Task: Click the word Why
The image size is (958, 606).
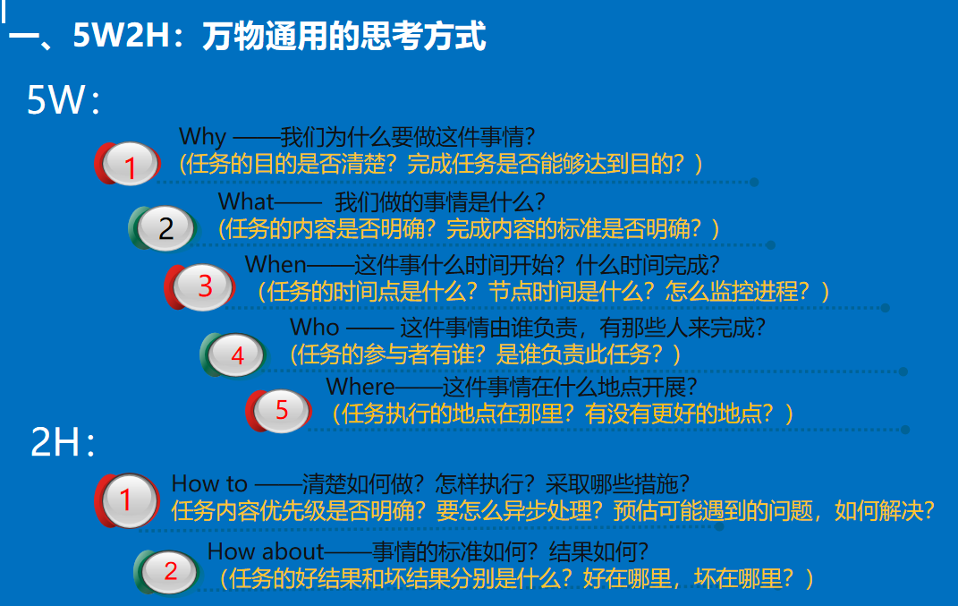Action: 202,137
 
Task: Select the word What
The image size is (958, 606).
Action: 246,201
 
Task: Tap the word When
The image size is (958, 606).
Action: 276,265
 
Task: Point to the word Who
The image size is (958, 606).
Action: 315,327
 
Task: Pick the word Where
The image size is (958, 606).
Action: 360,387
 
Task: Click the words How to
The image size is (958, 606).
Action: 209,483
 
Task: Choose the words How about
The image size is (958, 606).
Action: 266,551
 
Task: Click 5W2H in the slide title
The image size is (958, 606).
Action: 121,36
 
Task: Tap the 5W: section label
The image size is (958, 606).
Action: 63,99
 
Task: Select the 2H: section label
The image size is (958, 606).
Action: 63,441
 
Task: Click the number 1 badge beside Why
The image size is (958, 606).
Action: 128,163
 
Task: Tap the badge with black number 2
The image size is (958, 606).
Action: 163,228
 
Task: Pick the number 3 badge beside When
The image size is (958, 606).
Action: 199,286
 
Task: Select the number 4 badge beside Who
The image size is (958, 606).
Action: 233,354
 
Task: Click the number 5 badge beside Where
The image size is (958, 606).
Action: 279,410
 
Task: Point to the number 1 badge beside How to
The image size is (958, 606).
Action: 127,500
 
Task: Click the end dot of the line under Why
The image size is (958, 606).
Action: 755,183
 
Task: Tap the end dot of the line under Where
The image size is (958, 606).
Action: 905,430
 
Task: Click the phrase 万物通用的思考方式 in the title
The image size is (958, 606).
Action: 344,36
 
